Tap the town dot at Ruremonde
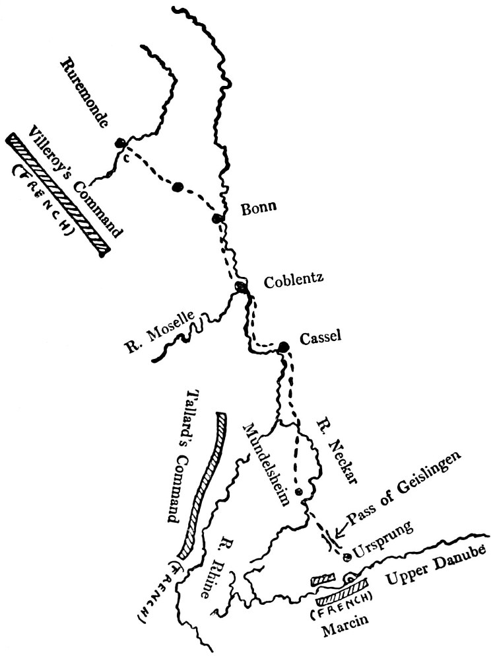(x=120, y=143)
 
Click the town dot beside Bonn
(x=216, y=218)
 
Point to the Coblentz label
(x=292, y=281)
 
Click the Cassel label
(x=319, y=337)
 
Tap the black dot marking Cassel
(x=284, y=346)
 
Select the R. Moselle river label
(x=163, y=334)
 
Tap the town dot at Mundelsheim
(x=298, y=492)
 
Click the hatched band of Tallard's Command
(x=201, y=483)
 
